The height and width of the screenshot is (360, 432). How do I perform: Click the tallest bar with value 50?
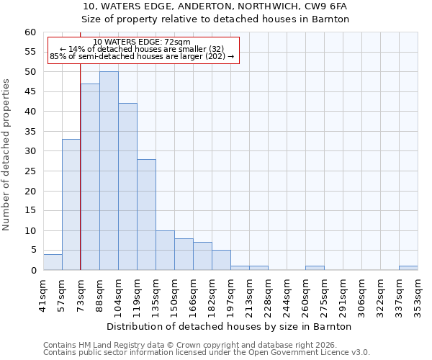click(109, 171)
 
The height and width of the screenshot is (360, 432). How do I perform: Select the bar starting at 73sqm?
click(90, 176)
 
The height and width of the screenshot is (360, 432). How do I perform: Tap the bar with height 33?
click(71, 204)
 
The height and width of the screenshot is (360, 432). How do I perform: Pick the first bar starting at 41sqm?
click(53, 262)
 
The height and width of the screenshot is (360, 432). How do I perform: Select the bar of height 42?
click(127, 186)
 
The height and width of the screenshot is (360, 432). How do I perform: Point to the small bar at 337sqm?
click(408, 268)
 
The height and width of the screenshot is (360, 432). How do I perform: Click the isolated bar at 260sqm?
click(315, 268)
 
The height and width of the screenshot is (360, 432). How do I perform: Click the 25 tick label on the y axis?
click(30, 171)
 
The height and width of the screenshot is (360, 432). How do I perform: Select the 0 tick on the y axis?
click(33, 271)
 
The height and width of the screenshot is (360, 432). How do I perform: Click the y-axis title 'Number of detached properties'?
click(7, 155)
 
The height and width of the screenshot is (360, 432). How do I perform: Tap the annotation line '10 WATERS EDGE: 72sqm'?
click(142, 42)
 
